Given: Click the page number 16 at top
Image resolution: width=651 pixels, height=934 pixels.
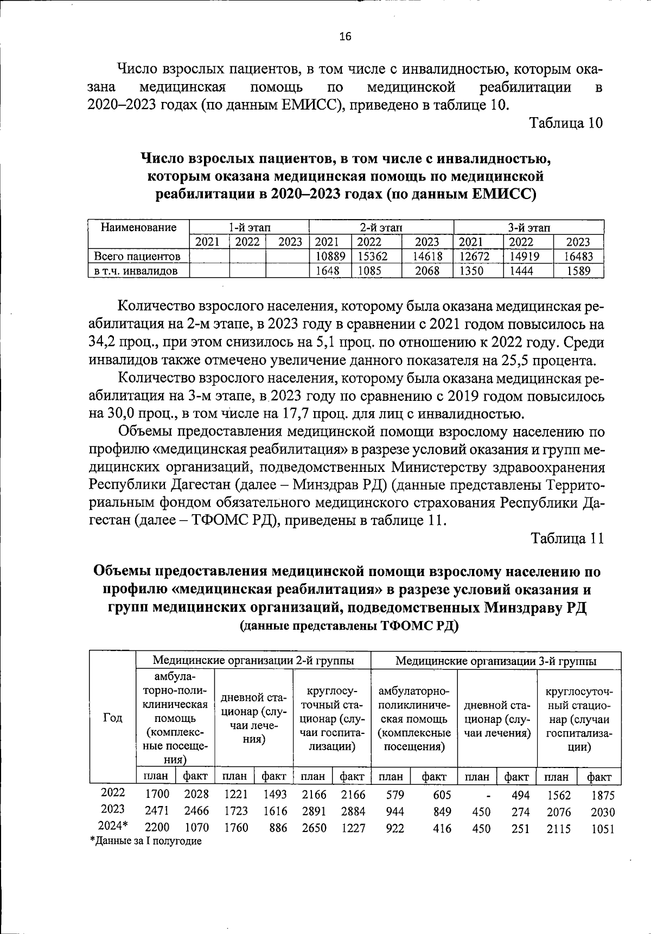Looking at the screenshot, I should [345, 37].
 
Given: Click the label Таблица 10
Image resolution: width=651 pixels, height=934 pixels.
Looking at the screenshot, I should [566, 123].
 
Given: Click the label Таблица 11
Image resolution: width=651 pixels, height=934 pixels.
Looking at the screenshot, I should [567, 538].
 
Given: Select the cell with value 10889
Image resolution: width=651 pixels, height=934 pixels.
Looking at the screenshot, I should [330, 256].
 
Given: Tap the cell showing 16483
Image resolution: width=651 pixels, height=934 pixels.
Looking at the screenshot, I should [579, 256].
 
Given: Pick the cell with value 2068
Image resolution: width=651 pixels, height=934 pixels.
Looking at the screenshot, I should [427, 271].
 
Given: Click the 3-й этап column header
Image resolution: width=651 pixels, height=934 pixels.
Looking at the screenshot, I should [529, 227].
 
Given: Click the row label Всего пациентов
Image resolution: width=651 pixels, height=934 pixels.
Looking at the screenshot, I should [137, 256].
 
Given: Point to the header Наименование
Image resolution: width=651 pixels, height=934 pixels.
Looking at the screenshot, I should [139, 227].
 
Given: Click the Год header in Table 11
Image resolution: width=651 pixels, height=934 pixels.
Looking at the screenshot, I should [112, 718].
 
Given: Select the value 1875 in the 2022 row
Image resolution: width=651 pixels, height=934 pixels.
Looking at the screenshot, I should [603, 795].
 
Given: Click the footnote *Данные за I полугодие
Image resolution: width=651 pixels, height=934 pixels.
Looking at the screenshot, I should [146, 841].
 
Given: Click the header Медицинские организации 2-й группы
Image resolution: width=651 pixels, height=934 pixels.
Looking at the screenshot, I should [253, 660].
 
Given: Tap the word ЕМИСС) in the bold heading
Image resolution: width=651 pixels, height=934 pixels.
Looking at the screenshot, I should [505, 194].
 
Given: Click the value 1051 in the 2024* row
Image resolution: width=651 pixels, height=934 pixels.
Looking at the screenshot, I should [603, 828].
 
